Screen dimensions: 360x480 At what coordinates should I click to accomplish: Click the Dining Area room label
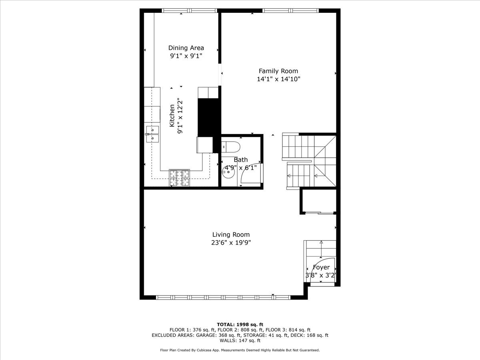(x=186, y=48)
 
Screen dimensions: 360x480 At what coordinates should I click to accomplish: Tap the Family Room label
(x=278, y=71)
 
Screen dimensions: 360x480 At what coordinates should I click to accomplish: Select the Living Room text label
(x=231, y=235)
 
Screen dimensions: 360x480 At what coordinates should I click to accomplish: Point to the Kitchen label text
(x=172, y=116)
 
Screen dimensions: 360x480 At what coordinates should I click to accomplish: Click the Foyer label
(x=321, y=267)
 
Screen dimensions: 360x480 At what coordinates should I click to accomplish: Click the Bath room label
(x=241, y=160)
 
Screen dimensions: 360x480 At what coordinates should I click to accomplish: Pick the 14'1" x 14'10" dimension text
(x=278, y=79)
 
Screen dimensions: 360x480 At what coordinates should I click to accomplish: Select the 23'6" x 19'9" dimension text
(x=231, y=243)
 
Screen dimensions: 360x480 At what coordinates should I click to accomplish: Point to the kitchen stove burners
(x=179, y=178)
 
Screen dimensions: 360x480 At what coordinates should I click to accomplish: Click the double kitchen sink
(x=152, y=134)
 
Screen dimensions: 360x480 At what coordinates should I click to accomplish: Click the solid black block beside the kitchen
(x=209, y=118)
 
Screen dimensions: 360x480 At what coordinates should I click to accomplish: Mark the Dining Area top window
(x=189, y=11)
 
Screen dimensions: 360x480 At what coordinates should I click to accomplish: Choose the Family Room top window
(x=290, y=11)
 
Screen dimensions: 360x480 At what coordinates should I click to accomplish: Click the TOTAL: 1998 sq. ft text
(x=240, y=324)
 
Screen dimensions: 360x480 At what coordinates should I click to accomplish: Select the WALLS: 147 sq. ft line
(x=240, y=341)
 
